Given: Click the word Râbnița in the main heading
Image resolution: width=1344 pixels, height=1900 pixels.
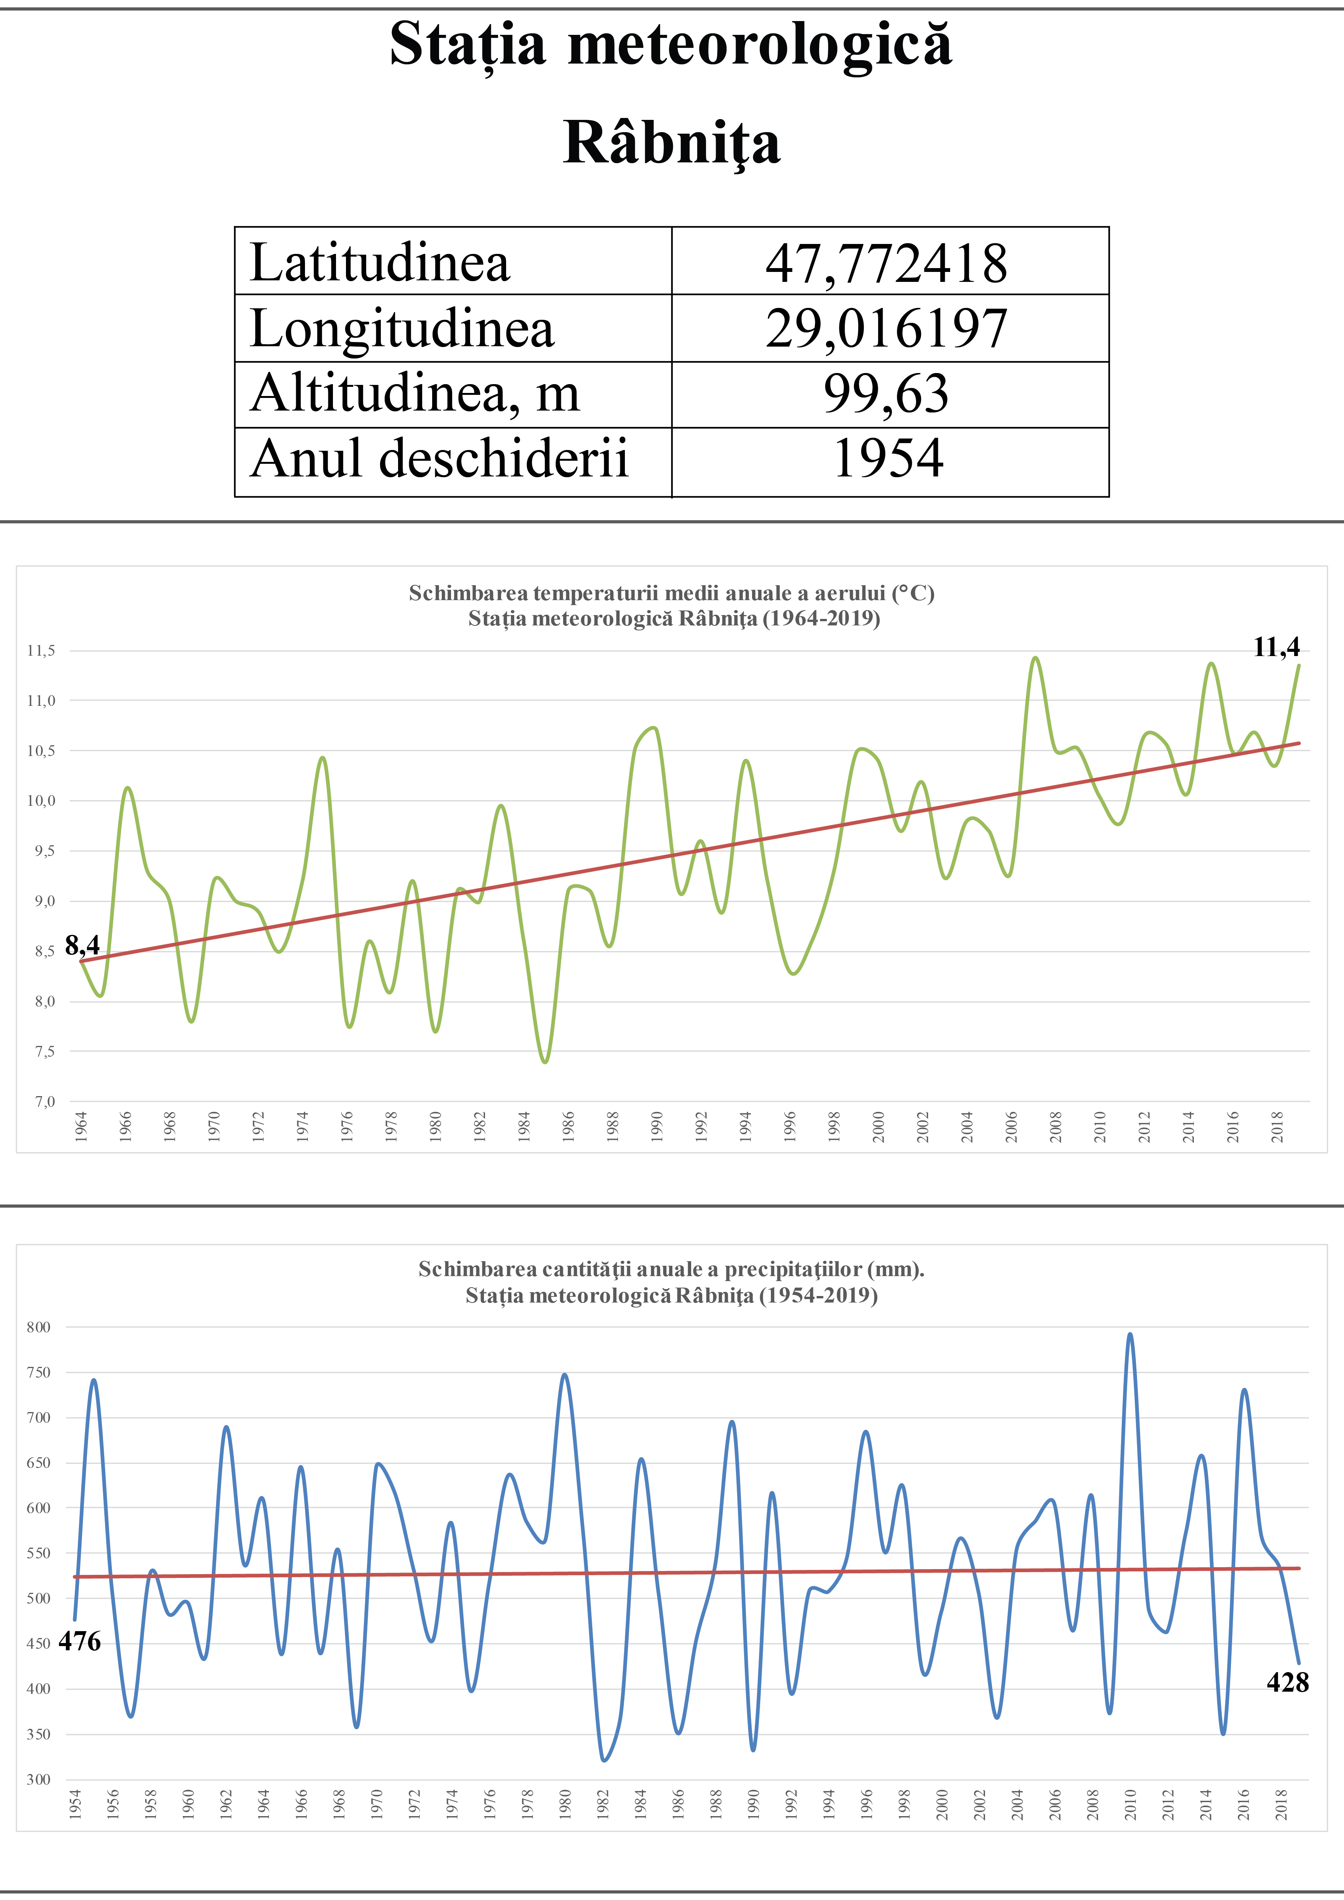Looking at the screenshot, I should click(x=671, y=142).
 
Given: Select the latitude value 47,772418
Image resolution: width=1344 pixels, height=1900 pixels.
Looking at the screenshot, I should click(x=886, y=263).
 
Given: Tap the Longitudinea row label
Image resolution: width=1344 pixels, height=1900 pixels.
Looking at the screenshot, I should click(x=402, y=329).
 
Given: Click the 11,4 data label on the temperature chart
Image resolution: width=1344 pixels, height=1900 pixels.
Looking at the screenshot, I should click(x=1276, y=647).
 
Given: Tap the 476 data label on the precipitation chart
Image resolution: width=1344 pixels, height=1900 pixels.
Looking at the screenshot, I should click(x=79, y=1642).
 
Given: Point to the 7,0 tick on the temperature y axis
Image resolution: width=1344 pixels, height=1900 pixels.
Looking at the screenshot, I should click(x=44, y=1101).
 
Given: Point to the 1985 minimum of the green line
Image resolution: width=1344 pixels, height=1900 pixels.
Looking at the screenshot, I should click(x=544, y=1062).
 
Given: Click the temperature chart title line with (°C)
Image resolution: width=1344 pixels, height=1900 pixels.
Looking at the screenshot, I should click(x=671, y=593).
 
